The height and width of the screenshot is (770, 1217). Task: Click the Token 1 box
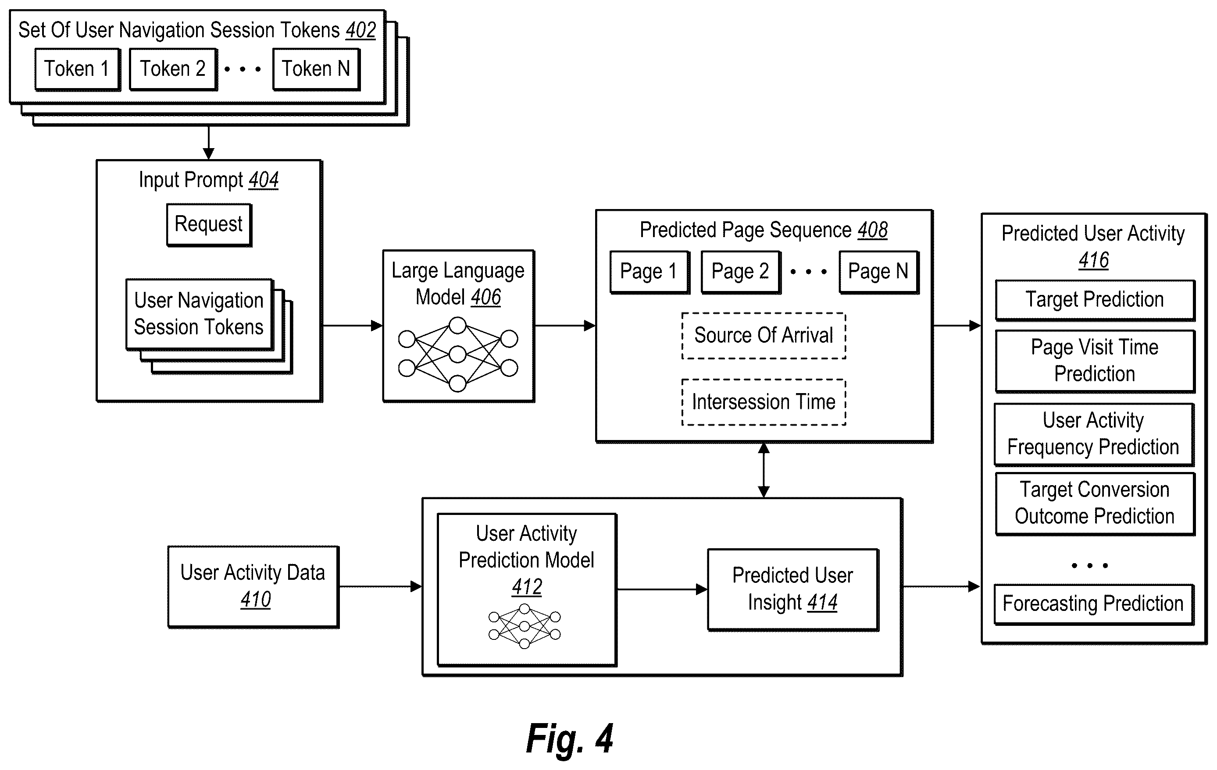(77, 69)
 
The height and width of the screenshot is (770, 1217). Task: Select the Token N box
(316, 69)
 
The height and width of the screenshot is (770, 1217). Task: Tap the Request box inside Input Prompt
(209, 225)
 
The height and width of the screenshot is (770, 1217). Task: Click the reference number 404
(263, 180)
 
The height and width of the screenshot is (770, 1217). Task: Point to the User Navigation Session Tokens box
(200, 314)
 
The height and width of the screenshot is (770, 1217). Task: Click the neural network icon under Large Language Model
(458, 355)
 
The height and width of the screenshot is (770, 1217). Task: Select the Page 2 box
(741, 272)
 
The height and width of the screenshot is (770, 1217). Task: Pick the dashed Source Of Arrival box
(764, 336)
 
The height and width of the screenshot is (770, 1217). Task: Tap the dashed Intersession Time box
(764, 402)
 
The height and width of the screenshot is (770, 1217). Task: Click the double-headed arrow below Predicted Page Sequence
(764, 470)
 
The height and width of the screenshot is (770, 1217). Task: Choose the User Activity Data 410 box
(253, 587)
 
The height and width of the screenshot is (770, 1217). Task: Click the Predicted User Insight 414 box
(793, 590)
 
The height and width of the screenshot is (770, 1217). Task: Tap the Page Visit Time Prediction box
(1095, 361)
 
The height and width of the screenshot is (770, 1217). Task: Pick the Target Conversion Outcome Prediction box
(1095, 504)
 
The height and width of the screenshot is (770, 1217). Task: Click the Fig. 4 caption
(570, 739)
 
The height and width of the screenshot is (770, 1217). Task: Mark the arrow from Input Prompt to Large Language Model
(352, 326)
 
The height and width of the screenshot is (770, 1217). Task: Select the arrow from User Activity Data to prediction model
(381, 586)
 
